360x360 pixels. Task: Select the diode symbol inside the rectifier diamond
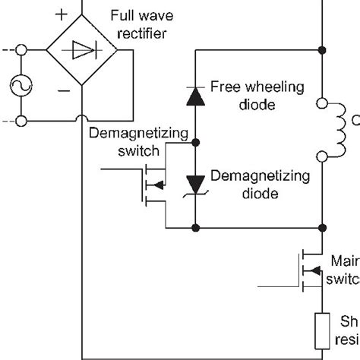(81, 52)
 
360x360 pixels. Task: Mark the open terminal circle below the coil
(323, 157)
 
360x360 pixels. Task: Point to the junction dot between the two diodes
(195, 142)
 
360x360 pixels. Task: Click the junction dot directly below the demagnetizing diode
(195, 226)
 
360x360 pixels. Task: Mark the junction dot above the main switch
(324, 226)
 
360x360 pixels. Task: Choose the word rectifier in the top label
(138, 32)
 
